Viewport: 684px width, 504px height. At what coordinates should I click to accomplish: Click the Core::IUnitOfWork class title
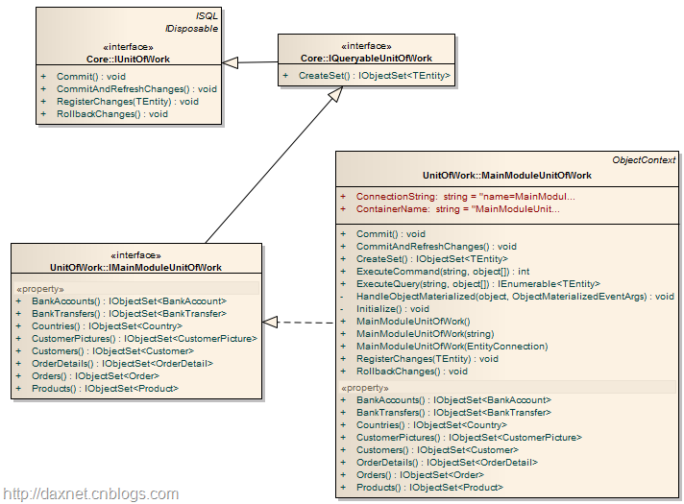(x=129, y=58)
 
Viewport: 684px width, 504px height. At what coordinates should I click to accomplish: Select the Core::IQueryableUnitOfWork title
(x=366, y=58)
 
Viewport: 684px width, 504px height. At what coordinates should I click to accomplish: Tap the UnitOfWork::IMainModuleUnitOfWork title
(x=135, y=267)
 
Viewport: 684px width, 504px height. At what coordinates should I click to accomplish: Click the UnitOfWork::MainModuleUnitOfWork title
(x=507, y=176)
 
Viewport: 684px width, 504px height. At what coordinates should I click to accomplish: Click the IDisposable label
(x=192, y=29)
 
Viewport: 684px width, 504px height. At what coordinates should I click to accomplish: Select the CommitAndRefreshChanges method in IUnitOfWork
(x=136, y=88)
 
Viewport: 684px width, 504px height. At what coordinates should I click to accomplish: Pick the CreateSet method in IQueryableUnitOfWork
(x=374, y=76)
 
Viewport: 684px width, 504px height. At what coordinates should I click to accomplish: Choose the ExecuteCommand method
(x=443, y=272)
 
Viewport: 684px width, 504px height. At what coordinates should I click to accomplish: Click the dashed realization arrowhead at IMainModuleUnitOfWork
(x=271, y=322)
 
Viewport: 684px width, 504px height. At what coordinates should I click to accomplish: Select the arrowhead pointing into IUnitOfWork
(x=231, y=62)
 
